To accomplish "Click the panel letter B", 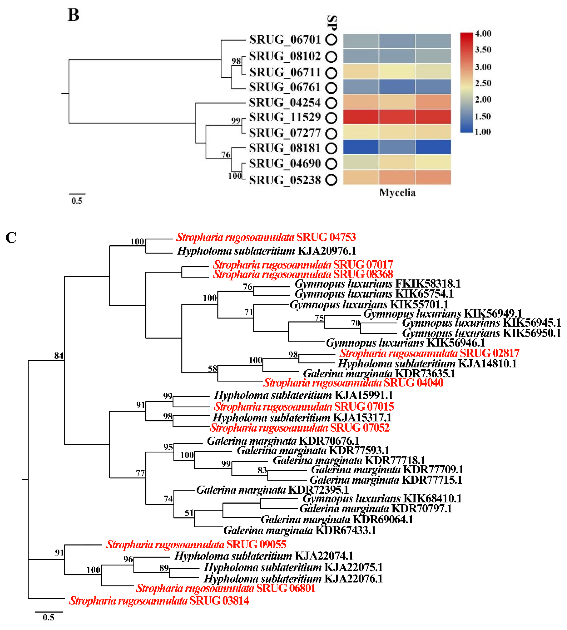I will click(x=74, y=15).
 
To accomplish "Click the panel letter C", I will click(x=11, y=238).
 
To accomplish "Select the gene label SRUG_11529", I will click(x=285, y=117).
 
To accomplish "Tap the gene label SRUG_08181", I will click(x=285, y=148).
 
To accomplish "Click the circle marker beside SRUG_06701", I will click(x=331, y=40).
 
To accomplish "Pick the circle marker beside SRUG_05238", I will click(x=331, y=180).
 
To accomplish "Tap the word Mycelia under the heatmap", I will click(x=397, y=193).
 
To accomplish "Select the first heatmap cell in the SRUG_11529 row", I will click(x=361, y=117).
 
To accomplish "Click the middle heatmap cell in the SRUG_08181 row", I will click(x=397, y=147).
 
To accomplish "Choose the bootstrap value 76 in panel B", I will click(x=226, y=155).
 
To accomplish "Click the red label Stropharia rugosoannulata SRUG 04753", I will click(x=266, y=237).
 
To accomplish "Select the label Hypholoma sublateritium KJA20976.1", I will click(x=266, y=251).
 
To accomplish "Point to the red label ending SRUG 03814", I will click(x=159, y=601).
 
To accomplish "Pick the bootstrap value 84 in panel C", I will click(x=59, y=356).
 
